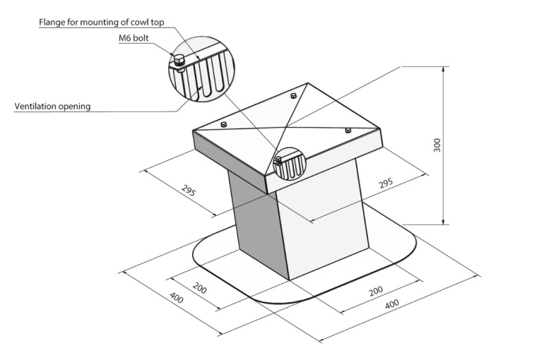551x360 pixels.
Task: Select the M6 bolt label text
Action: pos(134,38)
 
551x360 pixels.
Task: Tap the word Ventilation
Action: pos(35,106)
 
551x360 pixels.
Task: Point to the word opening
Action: pos(74,107)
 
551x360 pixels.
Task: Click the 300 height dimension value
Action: pos(437,145)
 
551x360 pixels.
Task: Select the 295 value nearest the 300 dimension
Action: pos(386,184)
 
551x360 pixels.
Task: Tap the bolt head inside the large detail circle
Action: pos(179,61)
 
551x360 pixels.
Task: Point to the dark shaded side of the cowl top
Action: pos(229,160)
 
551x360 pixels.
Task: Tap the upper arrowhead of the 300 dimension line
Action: pos(444,70)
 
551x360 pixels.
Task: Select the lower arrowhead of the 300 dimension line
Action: pos(444,221)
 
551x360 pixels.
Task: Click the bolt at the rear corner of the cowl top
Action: pos(293,95)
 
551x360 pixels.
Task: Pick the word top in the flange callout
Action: pos(158,23)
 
